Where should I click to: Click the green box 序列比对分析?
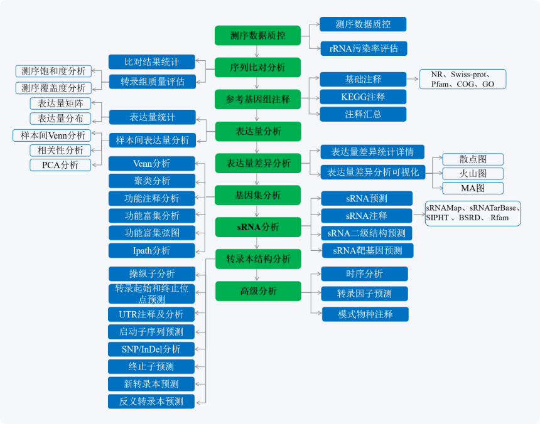[257, 67]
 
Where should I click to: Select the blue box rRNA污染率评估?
[364, 48]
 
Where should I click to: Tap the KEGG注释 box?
[363, 97]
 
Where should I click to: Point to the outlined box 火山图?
[473, 174]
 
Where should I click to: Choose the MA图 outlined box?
[473, 188]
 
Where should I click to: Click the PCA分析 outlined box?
[60, 165]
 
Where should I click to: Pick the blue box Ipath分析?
[151, 251]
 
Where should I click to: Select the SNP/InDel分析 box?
[151, 349]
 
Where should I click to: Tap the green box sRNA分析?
[258, 227]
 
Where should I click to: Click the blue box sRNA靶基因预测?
[367, 251]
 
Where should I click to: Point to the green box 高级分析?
[258, 291]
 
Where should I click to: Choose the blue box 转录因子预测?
[364, 294]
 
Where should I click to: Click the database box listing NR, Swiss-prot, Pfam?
[463, 79]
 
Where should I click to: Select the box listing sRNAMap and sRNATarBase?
[473, 213]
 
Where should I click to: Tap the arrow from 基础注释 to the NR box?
[413, 79]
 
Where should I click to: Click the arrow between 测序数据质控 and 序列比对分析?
[257, 51]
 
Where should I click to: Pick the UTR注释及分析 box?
[151, 314]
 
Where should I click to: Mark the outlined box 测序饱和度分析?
[53, 71]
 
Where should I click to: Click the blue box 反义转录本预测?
[151, 401]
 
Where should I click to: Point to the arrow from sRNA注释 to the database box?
[419, 215]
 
